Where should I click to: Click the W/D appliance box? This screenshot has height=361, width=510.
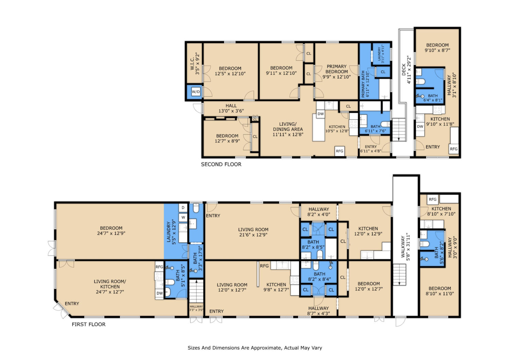point(195,92)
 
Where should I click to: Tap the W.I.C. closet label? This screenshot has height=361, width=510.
point(195,64)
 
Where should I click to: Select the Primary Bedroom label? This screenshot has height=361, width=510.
point(337,71)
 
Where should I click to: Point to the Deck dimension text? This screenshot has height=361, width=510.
point(409,69)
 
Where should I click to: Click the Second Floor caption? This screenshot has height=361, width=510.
point(221,164)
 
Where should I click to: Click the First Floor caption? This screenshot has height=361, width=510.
point(88,324)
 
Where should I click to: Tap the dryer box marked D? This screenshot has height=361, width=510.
point(183,208)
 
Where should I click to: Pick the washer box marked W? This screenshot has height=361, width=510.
point(183,217)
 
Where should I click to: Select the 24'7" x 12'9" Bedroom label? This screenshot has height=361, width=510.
point(111,231)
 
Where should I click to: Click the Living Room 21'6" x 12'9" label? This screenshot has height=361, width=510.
point(253,232)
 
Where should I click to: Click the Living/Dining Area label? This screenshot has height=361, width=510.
point(288,129)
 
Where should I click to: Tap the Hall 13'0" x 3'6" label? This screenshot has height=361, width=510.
point(231,108)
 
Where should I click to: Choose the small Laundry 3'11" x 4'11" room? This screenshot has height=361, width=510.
point(381,54)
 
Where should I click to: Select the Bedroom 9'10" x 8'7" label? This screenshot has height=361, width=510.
point(437,48)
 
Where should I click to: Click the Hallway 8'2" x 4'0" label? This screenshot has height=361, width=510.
point(319,212)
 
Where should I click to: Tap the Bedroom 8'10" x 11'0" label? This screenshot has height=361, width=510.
point(440,291)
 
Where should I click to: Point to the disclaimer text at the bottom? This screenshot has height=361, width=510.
point(255,348)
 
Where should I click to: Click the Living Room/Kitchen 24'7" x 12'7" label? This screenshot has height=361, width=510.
point(110,286)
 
